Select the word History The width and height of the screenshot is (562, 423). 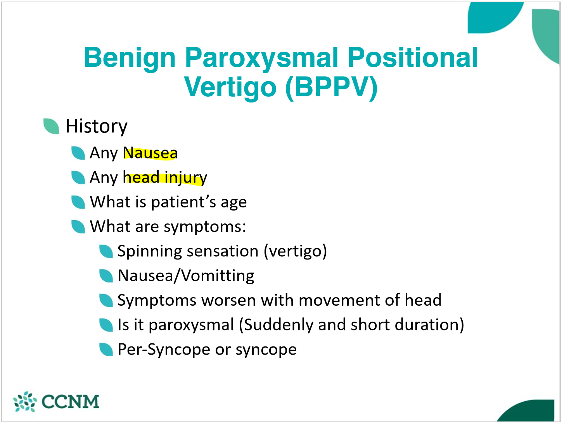click(x=97, y=127)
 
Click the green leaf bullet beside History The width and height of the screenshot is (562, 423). click(x=52, y=126)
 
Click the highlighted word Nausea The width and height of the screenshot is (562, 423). click(x=150, y=153)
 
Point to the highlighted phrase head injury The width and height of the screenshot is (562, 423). click(x=165, y=178)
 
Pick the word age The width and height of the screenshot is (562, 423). click(x=234, y=202)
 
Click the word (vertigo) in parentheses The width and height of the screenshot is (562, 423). click(x=296, y=251)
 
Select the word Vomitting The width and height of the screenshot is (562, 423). click(x=217, y=276)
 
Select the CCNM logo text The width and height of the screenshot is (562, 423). click(x=70, y=402)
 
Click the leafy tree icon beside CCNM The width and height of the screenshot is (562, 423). click(x=25, y=402)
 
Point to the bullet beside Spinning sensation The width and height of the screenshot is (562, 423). click(x=106, y=251)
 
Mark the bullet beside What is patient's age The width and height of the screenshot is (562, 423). click(x=78, y=202)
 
